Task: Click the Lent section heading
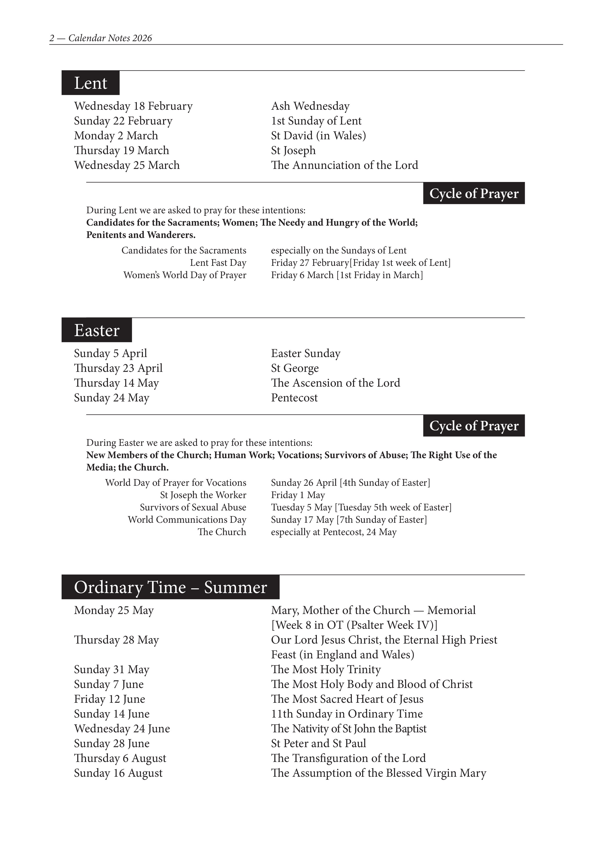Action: (x=90, y=83)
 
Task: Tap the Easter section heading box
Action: (x=97, y=330)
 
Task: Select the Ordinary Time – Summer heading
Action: (x=170, y=587)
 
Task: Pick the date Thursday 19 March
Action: (x=122, y=150)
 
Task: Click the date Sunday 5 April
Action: (x=110, y=353)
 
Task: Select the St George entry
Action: (x=295, y=368)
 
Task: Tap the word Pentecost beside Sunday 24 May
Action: (x=294, y=398)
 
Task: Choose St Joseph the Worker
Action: (x=203, y=495)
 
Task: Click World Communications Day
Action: (x=187, y=520)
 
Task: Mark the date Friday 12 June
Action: (x=110, y=699)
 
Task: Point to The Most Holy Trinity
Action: (x=326, y=669)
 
